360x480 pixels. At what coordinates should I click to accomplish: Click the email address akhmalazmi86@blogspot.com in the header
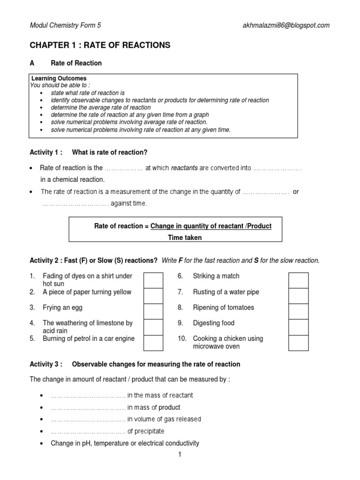pyautogui.click(x=284, y=25)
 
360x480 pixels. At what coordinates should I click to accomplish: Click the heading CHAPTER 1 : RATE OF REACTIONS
pyautogui.click(x=100, y=45)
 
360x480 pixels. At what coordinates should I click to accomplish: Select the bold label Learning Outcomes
pyautogui.click(x=59, y=78)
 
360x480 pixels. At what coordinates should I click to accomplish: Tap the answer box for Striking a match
pyautogui.click(x=298, y=280)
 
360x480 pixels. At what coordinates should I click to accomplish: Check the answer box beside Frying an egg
pyautogui.click(x=153, y=311)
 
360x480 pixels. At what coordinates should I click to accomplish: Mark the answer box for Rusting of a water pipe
pyautogui.click(x=298, y=296)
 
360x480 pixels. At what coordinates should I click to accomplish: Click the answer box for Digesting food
pyautogui.click(x=298, y=327)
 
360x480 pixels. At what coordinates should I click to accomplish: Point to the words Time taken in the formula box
pyautogui.click(x=185, y=238)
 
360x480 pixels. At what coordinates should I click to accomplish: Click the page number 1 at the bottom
pyautogui.click(x=180, y=454)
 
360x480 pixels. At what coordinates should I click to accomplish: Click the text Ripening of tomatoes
pyautogui.click(x=223, y=307)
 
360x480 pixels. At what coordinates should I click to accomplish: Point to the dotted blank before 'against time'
pyautogui.click(x=75, y=203)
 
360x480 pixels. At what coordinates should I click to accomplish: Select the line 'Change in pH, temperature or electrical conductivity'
pyautogui.click(x=125, y=443)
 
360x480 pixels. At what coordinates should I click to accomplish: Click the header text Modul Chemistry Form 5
pyautogui.click(x=65, y=25)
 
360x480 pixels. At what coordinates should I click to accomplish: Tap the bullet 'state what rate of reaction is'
pyautogui.click(x=91, y=93)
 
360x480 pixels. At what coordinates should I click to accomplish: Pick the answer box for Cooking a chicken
pyautogui.click(x=298, y=342)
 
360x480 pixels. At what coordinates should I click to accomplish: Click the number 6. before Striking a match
pyautogui.click(x=180, y=276)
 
